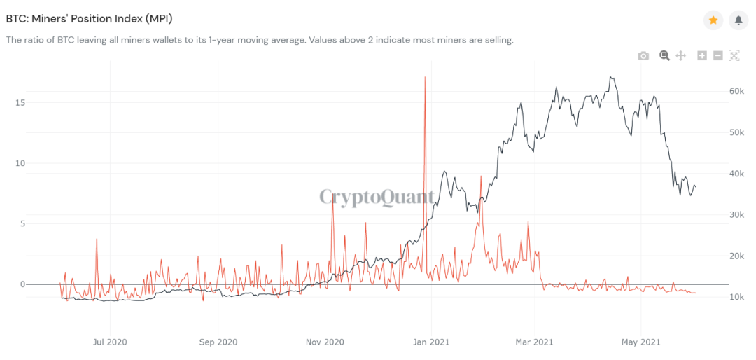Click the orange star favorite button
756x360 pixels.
(713, 20)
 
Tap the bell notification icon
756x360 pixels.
(738, 20)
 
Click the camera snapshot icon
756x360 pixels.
(643, 56)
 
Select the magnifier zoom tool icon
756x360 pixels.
(664, 55)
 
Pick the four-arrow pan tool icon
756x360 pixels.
(680, 56)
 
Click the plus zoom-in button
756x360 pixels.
(702, 56)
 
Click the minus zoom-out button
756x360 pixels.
(717, 56)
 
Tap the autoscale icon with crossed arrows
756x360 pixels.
(734, 56)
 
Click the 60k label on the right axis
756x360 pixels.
(735, 91)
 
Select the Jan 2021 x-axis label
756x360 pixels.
(431, 342)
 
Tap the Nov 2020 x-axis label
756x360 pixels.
(325, 342)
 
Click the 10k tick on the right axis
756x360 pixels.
(735, 297)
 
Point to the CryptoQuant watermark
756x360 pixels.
(377, 197)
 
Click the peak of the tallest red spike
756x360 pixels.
(425, 77)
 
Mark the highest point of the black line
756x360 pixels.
(612, 77)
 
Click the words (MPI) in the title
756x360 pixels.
(155, 19)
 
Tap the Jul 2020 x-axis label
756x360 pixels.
(110, 342)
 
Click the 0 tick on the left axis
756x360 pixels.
(22, 284)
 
